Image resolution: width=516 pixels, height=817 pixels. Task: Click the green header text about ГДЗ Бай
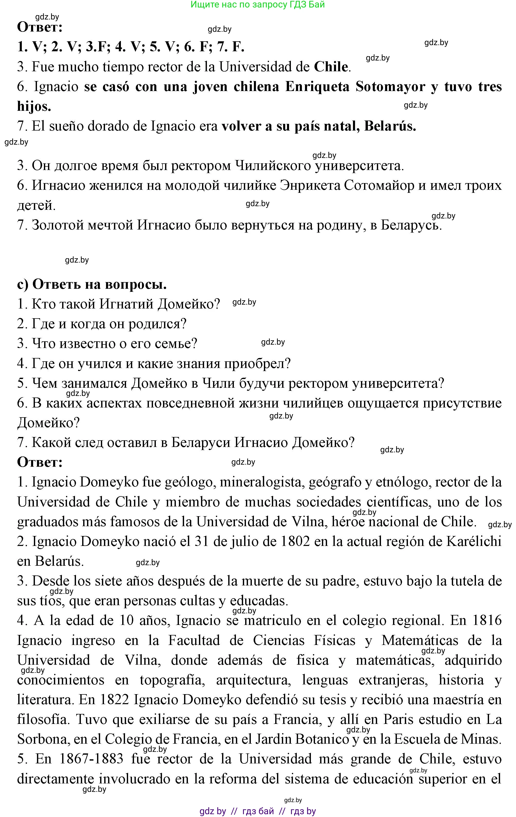coord(257,5)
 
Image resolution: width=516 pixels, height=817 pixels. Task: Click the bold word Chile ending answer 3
coord(331,67)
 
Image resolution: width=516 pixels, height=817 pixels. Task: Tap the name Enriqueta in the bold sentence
coord(317,87)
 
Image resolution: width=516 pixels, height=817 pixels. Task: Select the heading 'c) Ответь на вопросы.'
coord(92,284)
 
